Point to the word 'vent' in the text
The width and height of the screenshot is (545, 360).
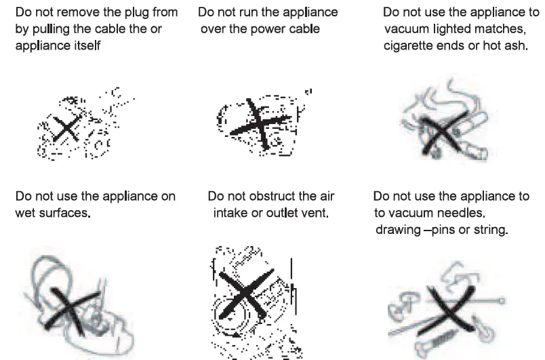tap(316, 213)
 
